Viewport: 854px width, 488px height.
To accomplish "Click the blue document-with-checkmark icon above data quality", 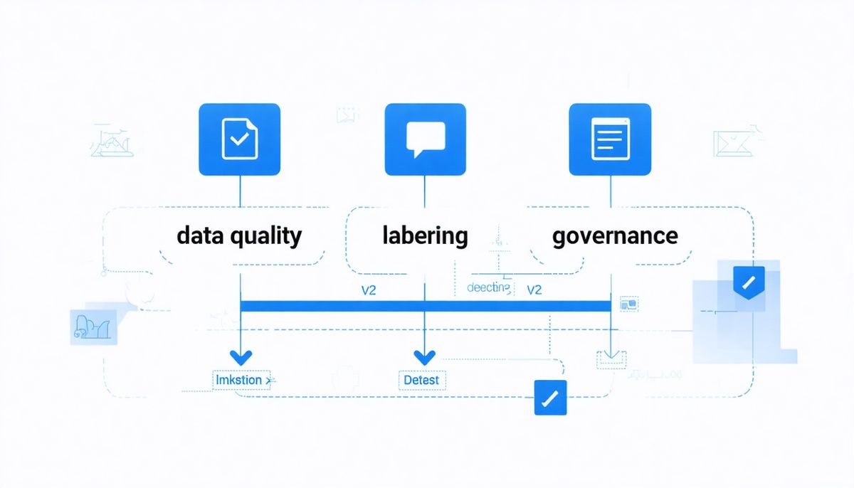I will click(x=240, y=139).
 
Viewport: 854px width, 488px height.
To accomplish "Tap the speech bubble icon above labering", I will click(x=425, y=139).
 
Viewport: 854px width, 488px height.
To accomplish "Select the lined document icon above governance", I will click(x=611, y=139).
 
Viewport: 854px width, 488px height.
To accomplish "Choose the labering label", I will click(x=425, y=235).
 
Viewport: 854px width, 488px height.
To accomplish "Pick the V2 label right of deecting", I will click(x=534, y=290).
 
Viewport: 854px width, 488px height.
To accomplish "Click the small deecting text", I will click(x=488, y=287).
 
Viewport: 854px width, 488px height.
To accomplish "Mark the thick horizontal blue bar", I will click(x=425, y=306).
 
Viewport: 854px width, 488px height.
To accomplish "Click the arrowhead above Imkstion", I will click(x=240, y=356).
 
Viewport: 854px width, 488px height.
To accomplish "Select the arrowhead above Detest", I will click(x=425, y=356).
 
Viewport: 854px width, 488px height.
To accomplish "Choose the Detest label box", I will click(x=421, y=380).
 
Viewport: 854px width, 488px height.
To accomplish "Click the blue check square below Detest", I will click(x=550, y=398).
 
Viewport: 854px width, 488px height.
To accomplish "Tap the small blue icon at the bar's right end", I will click(x=629, y=304).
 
